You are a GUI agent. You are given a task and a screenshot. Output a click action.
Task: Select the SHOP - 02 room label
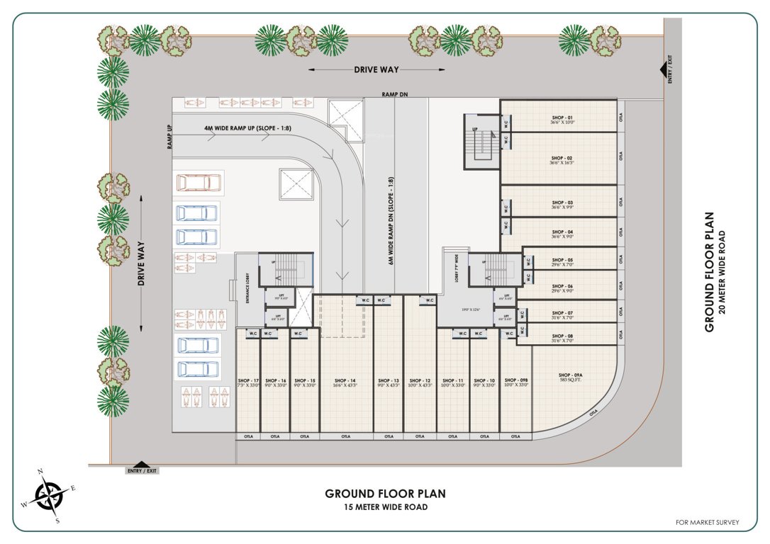point(561,158)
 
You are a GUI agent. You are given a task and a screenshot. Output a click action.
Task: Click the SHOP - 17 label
point(248,380)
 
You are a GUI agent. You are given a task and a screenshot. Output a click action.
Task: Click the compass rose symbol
point(50,495)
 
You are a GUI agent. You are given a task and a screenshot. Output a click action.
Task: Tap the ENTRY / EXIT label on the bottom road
point(143,470)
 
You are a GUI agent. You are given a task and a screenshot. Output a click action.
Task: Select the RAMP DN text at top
point(395,93)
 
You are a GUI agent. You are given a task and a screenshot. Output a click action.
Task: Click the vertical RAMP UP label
point(170,136)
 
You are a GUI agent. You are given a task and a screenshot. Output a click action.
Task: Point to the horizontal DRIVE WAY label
point(376,69)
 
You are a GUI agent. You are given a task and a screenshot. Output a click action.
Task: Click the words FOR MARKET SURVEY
point(707,523)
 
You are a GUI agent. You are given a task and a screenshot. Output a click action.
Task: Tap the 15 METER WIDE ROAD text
point(386,507)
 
